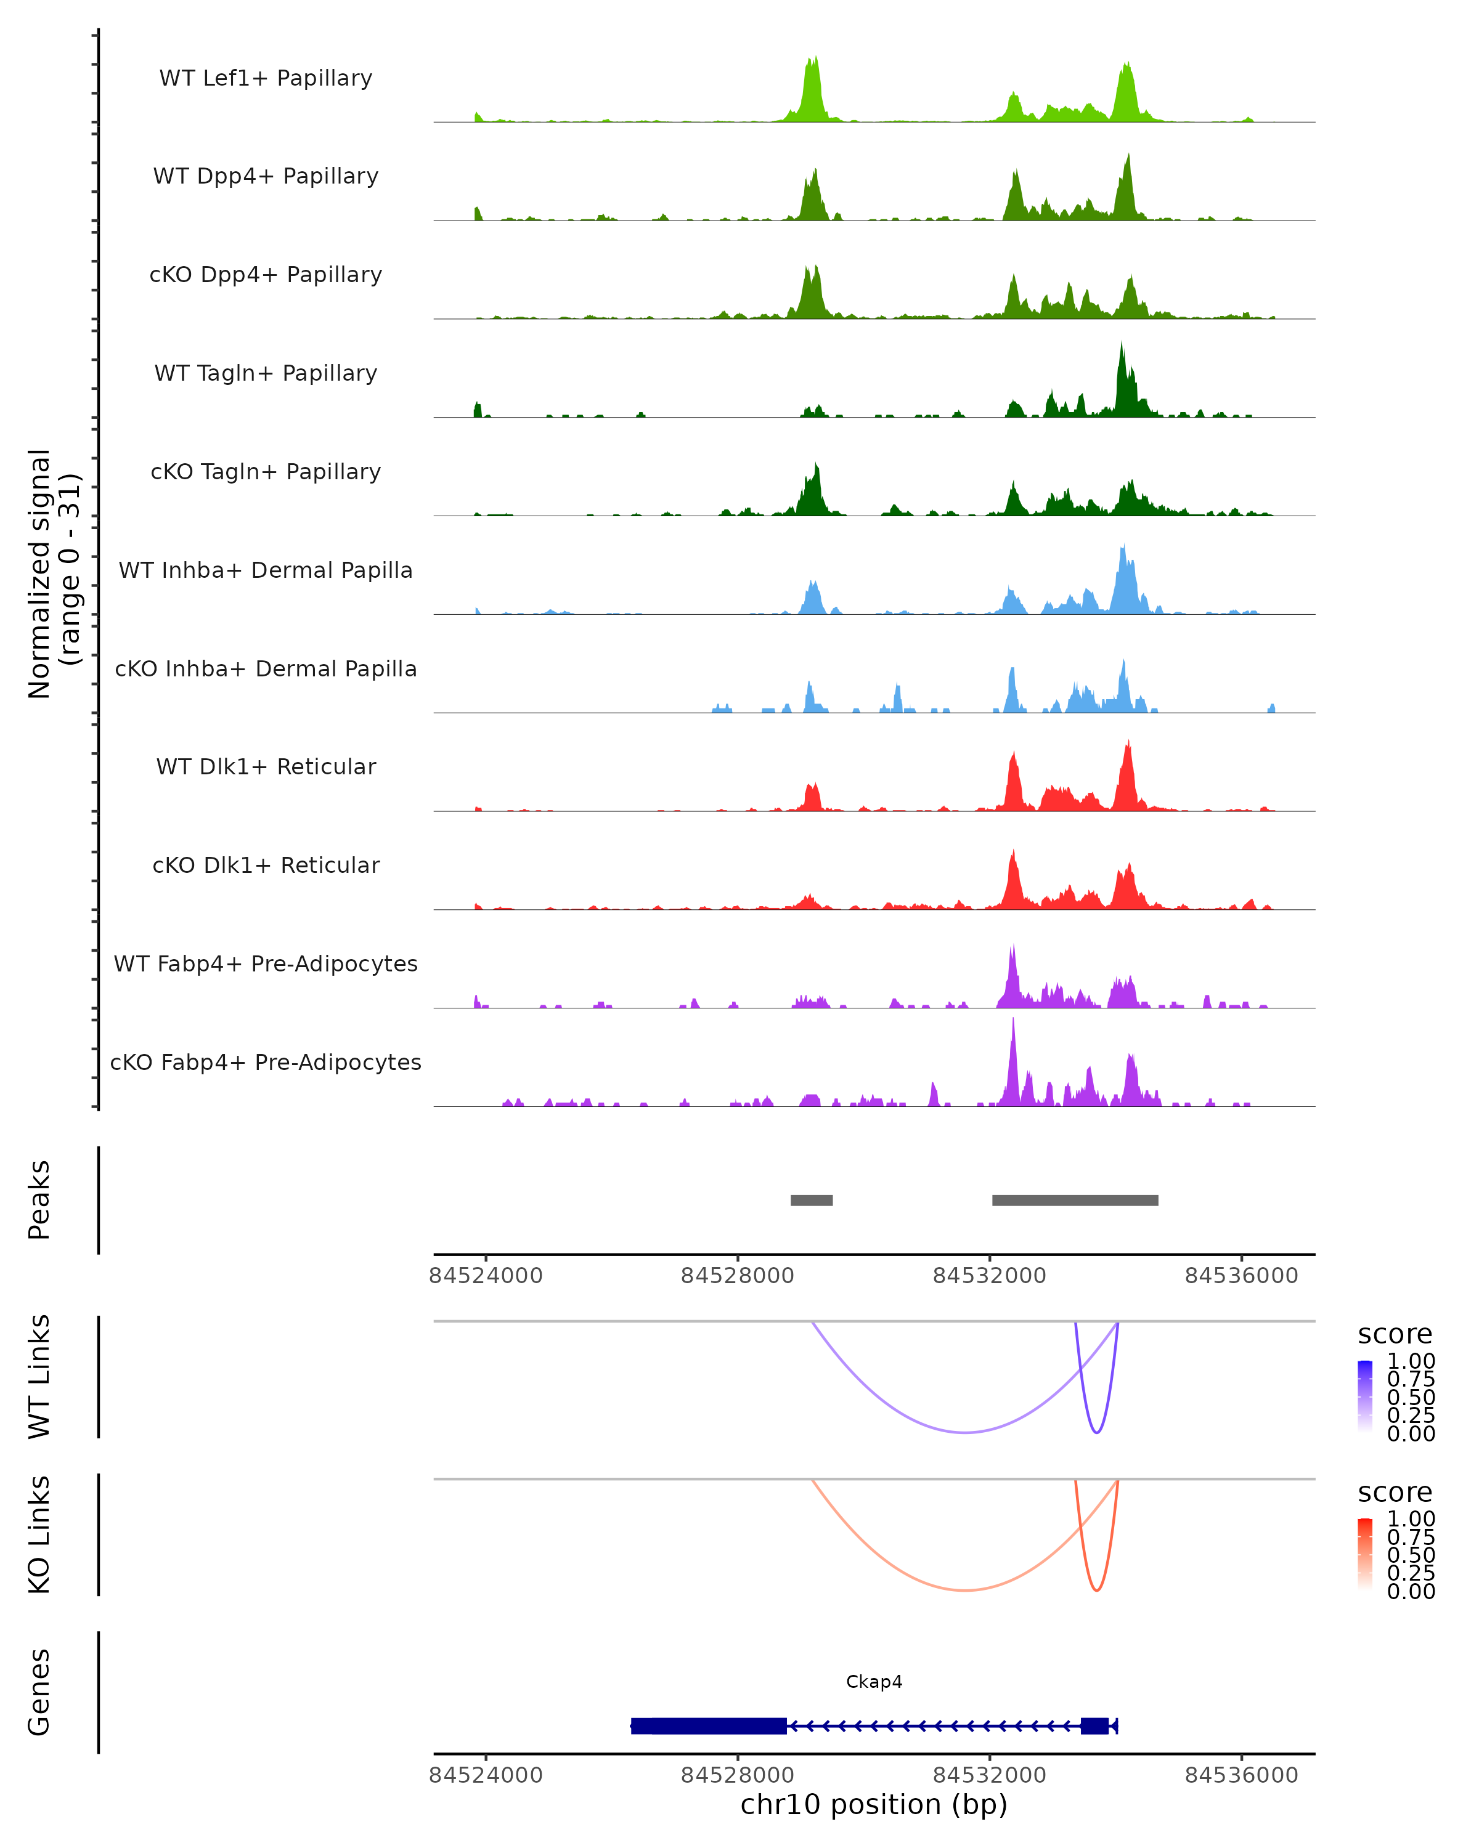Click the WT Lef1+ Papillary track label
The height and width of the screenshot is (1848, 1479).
266,78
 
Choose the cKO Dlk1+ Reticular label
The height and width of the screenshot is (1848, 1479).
266,865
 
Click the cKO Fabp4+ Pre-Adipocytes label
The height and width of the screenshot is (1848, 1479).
266,1062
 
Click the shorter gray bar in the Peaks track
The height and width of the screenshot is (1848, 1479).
811,1200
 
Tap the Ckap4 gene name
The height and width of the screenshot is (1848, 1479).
874,1682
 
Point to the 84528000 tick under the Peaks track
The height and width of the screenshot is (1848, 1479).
738,1276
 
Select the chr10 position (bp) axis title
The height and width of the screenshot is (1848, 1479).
874,1805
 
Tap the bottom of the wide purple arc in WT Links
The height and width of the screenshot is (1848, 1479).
966,1432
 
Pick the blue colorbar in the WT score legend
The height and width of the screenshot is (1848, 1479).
1365,1396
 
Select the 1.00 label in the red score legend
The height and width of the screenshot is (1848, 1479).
1411,1519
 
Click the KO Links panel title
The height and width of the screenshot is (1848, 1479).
39,1534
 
